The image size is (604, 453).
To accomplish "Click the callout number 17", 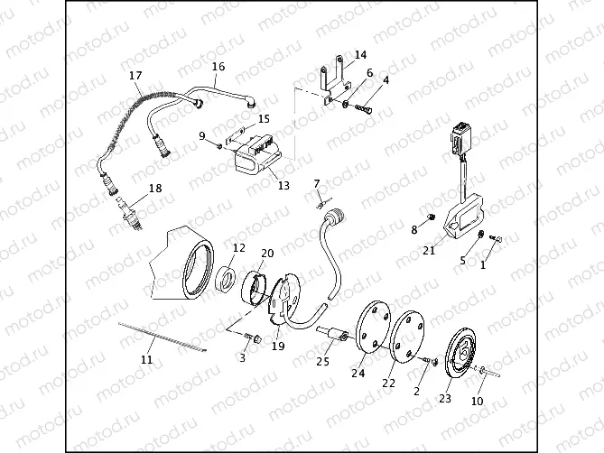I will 135,75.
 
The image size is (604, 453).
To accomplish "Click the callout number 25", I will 323,363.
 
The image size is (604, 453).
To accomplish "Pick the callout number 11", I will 146,360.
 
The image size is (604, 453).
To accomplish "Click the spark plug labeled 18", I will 130,214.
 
